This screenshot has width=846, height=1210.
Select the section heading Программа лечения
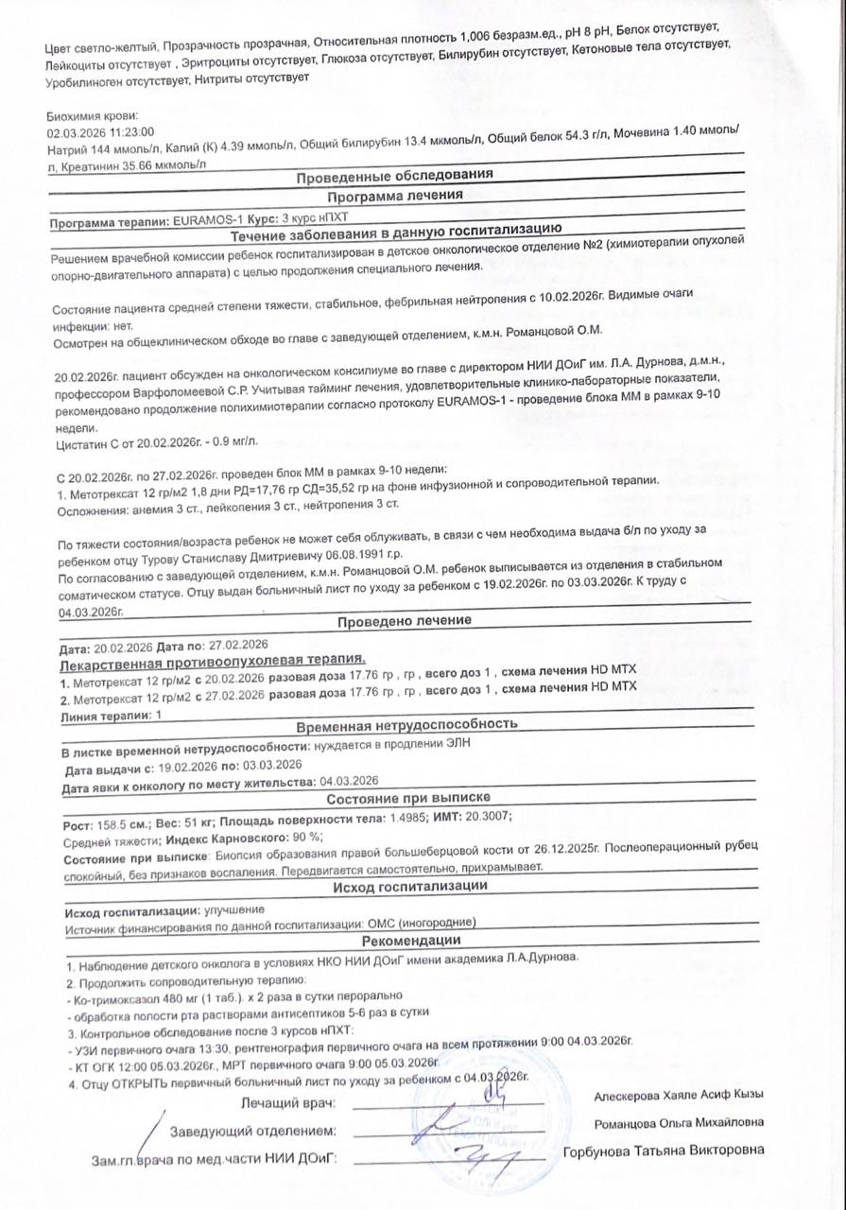[394, 197]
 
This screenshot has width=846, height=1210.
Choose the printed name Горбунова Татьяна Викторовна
[663, 1151]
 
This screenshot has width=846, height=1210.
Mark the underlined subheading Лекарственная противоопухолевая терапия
[212, 665]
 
